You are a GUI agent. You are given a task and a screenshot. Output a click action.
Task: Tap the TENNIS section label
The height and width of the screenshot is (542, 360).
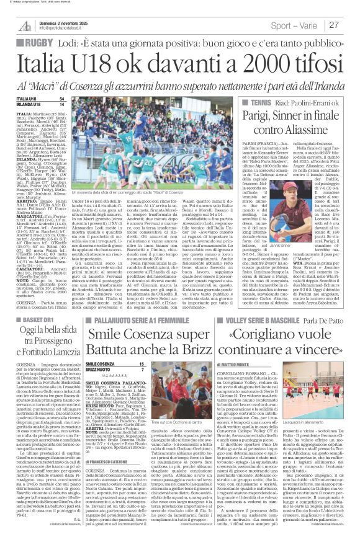(x=262, y=101)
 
